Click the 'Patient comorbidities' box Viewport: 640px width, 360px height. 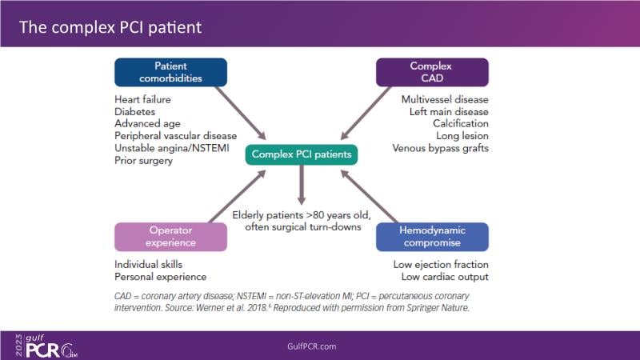tap(170, 72)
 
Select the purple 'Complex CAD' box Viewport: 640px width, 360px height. tap(432, 72)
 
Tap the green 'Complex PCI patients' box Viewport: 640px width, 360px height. tap(302, 154)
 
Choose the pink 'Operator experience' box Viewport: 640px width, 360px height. tap(170, 237)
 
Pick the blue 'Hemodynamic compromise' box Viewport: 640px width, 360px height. tap(432, 237)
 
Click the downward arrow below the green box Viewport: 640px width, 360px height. tap(302, 185)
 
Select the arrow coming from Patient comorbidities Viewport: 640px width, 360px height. tap(241, 113)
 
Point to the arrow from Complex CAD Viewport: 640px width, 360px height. tap(366, 113)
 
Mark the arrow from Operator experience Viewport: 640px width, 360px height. tap(238, 196)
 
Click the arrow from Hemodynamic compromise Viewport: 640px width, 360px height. tap(369, 196)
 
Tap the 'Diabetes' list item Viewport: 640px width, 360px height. tap(134, 111)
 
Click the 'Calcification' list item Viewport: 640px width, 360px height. tap(461, 123)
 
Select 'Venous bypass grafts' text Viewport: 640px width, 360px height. tap(441, 148)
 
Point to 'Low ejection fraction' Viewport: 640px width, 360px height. tap(441, 265)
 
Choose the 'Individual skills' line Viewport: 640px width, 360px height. tap(149, 265)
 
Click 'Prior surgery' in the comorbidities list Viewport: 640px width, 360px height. tap(143, 161)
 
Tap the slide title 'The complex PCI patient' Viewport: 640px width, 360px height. tap(110, 27)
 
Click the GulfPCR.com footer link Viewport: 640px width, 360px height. tap(312, 346)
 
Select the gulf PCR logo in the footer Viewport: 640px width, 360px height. tap(46, 346)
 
